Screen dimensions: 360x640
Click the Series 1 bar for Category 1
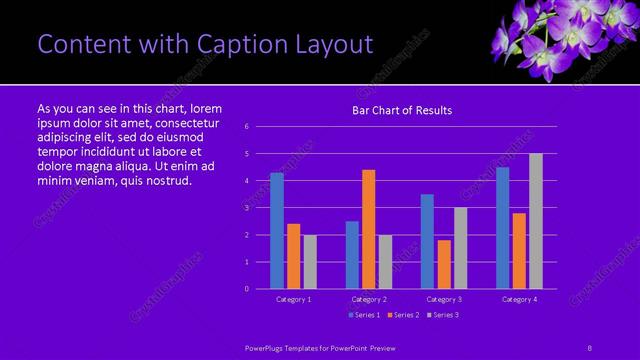coord(277,231)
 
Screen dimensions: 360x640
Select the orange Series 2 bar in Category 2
coord(369,229)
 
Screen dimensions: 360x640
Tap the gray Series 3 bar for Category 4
coord(536,221)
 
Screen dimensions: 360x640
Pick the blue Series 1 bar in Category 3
coord(427,241)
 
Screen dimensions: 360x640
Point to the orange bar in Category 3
coord(444,264)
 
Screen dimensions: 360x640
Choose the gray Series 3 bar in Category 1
coord(310,261)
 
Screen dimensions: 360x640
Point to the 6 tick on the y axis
coord(247,127)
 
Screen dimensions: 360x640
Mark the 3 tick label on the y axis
coord(247,208)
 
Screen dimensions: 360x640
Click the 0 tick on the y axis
coord(247,289)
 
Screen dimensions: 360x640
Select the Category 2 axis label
coord(369,299)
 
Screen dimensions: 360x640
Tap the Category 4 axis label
coord(519,299)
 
